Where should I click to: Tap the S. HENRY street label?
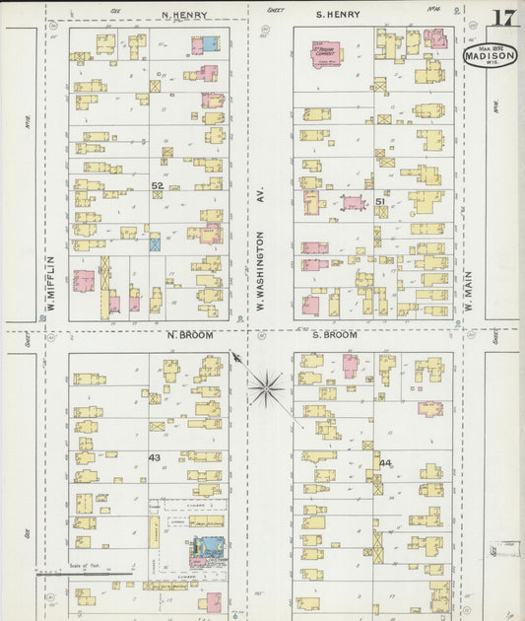338,15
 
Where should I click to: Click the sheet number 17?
503,18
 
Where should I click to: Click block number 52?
157,184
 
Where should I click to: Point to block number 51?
379,201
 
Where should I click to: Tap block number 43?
155,457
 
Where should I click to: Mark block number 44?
384,463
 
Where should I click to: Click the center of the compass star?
267,387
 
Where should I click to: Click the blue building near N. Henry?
210,44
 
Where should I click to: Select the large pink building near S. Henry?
326,54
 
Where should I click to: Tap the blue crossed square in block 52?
155,241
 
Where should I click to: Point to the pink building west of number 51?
352,204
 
